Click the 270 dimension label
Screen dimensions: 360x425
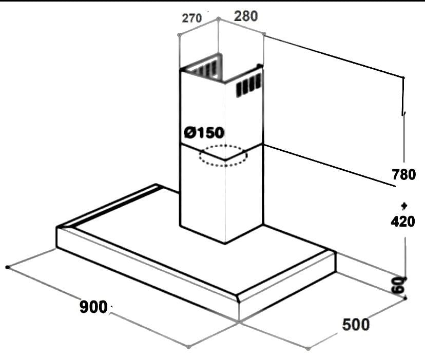point(191,18)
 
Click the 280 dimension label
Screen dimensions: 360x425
point(246,16)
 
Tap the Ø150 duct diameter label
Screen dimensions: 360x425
point(204,133)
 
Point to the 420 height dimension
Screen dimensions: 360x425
point(402,222)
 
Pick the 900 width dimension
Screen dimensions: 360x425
point(93,307)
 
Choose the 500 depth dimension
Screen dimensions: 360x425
point(355,324)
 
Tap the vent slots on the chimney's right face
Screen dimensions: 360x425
point(249,85)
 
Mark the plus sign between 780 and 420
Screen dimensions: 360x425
point(404,206)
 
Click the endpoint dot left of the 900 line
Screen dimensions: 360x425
point(7,267)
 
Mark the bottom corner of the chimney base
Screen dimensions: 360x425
point(224,243)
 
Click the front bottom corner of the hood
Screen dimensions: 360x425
point(239,321)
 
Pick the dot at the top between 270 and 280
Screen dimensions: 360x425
point(218,18)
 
